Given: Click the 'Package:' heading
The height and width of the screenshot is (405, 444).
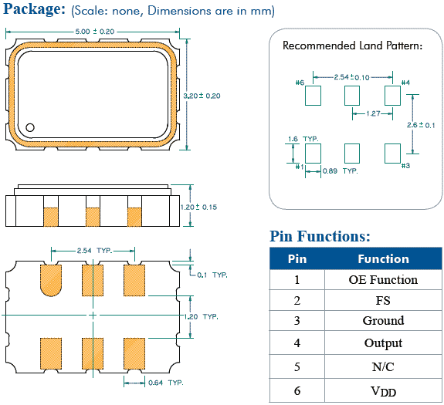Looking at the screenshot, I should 33,11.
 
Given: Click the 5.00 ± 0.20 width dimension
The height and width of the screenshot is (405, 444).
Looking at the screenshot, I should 93,32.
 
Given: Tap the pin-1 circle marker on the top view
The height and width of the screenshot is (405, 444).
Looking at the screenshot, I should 31,127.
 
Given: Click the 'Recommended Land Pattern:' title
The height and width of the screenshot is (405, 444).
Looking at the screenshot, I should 352,46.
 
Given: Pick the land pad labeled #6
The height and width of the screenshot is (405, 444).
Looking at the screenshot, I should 313,96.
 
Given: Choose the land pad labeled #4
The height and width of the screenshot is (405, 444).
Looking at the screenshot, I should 392,96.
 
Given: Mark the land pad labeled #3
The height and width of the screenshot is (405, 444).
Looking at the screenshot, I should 392,151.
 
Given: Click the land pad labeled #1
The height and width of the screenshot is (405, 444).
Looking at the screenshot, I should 313,151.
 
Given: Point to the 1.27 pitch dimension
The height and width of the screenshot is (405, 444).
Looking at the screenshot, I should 371,114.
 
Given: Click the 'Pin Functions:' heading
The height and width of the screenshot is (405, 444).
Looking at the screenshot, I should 320,236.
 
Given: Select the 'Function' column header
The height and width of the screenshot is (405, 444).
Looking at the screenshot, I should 383,259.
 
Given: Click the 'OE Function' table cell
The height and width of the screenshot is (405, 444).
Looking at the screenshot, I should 383,280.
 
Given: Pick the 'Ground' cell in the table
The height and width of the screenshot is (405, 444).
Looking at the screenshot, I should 383,321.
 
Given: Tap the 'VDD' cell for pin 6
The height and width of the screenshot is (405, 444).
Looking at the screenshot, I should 383,392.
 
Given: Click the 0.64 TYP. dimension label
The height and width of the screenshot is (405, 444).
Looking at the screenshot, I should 164,383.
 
